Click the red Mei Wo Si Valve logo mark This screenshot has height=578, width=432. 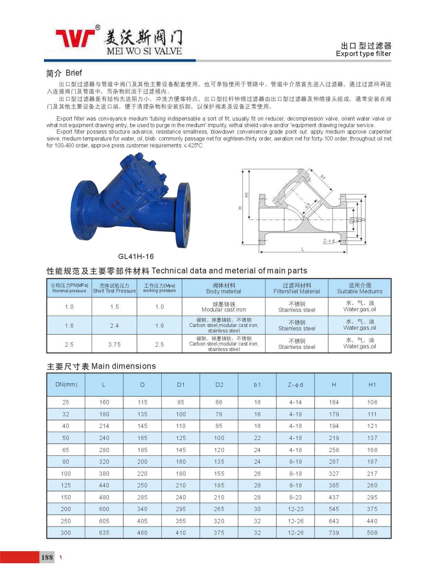click(x=76, y=38)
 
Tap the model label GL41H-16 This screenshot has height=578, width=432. click(x=136, y=257)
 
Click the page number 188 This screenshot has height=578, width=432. click(x=47, y=557)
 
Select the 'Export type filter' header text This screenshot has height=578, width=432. click(x=363, y=54)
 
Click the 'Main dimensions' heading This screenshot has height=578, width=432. click(x=101, y=366)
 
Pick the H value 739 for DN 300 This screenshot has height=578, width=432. click(x=334, y=533)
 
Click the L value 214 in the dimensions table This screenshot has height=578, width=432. click(x=104, y=426)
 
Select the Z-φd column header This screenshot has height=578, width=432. click(x=295, y=385)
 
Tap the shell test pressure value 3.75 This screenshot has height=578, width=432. click(x=114, y=344)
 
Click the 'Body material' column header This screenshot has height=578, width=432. click(x=224, y=288)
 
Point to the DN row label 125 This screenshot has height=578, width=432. click(x=66, y=485)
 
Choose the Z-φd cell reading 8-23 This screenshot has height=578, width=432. click(x=295, y=497)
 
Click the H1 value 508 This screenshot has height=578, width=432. click(x=372, y=533)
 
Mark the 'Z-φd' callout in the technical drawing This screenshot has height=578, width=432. click(x=329, y=241)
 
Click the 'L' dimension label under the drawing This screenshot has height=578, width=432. click(x=303, y=249)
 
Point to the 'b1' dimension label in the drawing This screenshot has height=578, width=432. click(x=323, y=177)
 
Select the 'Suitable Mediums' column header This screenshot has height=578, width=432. click(x=360, y=288)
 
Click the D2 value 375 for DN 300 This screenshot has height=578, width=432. click(x=219, y=533)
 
